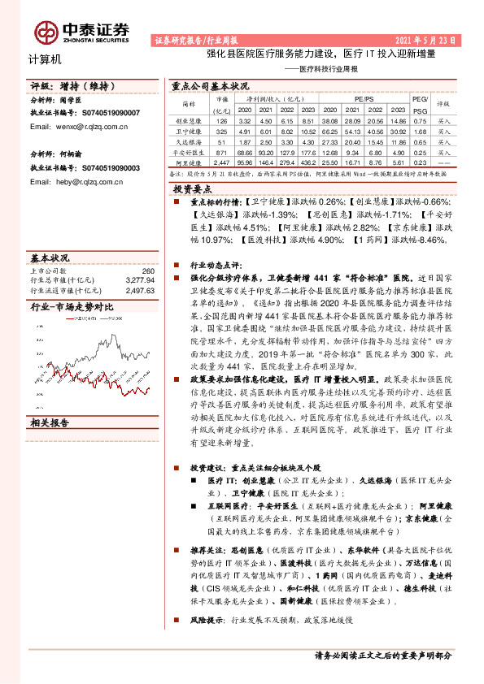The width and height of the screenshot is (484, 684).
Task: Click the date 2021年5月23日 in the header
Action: [x=432, y=40]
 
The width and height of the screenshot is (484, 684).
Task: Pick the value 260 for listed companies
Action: [x=147, y=271]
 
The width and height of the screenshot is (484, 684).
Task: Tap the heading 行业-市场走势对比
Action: [x=72, y=307]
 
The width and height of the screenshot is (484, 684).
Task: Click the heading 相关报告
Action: [x=50, y=422]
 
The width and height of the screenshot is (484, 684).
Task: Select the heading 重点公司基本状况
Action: [x=211, y=85]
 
